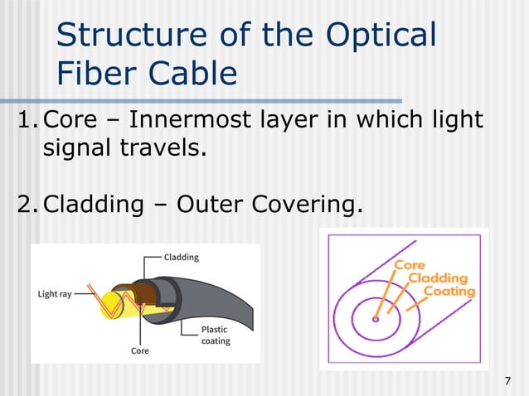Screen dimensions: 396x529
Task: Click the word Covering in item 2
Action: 307,203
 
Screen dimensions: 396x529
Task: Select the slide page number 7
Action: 507,380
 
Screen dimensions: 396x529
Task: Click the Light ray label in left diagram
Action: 55,294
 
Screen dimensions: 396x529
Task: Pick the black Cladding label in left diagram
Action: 181,257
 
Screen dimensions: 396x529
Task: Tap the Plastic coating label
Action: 216,335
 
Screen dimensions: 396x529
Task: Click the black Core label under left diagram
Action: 140,350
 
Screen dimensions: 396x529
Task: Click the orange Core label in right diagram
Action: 409,265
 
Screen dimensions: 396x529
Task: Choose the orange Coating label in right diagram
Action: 449,292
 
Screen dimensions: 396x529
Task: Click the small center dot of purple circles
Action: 376,319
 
